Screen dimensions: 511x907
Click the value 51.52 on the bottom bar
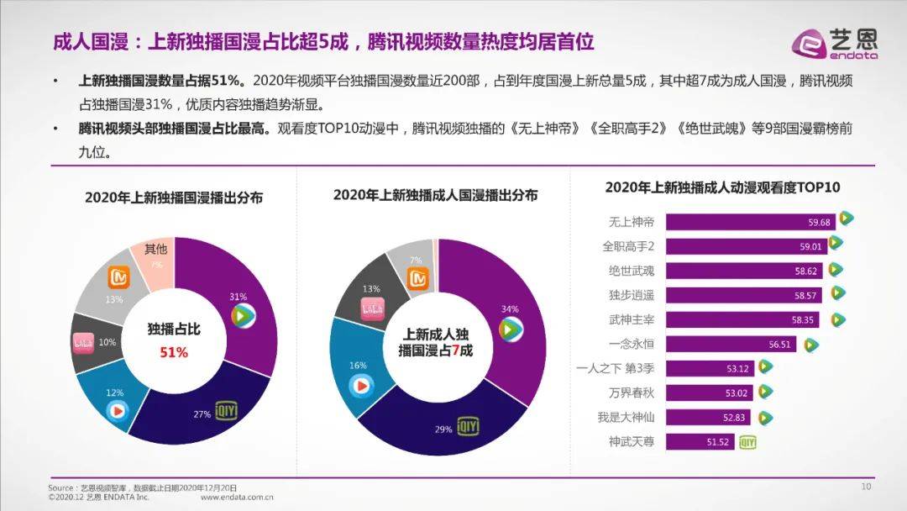pyautogui.click(x=721, y=441)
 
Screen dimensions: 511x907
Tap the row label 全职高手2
pyautogui.click(x=628, y=246)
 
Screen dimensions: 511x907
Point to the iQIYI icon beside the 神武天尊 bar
pyautogui.click(x=747, y=441)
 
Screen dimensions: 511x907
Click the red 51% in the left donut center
pyautogui.click(x=174, y=353)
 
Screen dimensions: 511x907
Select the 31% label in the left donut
pyautogui.click(x=238, y=297)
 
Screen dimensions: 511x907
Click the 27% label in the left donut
pyautogui.click(x=202, y=414)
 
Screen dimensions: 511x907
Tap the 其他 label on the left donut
pyautogui.click(x=155, y=249)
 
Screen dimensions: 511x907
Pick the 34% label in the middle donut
pyautogui.click(x=509, y=309)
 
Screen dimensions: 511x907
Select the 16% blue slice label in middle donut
pyautogui.click(x=359, y=366)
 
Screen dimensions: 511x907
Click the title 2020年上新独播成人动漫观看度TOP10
pyautogui.click(x=722, y=187)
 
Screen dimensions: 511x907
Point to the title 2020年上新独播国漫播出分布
pyautogui.click(x=174, y=198)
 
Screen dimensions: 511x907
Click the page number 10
pyautogui.click(x=867, y=487)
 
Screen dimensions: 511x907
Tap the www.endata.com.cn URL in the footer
pyautogui.click(x=238, y=497)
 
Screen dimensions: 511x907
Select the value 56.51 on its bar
pyautogui.click(x=781, y=345)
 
